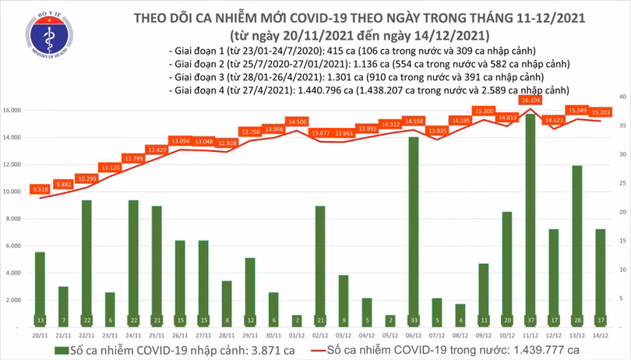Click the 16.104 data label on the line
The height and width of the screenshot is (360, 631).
pos(530,101)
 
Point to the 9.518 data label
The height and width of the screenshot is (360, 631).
pos(40,189)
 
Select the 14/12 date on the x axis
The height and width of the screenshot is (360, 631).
pos(600,336)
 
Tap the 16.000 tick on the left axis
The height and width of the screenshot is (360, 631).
pos(11,111)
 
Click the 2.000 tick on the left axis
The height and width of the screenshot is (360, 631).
pos(12,300)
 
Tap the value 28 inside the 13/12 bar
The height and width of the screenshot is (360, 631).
pos(576,320)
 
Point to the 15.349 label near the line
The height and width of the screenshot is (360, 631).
pos(577,110)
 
